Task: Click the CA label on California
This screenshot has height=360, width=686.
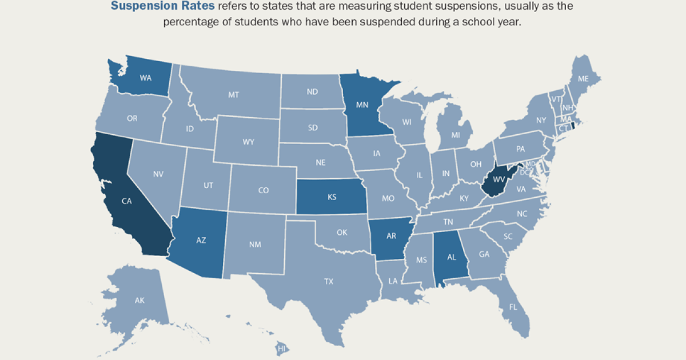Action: point(126,201)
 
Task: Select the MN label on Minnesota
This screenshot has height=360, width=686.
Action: point(362,105)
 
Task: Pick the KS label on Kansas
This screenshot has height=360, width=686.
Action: point(332,197)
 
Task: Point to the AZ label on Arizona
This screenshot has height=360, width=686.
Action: point(201,241)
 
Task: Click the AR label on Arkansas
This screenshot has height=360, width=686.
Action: point(390,235)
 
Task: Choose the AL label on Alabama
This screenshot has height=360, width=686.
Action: point(451,257)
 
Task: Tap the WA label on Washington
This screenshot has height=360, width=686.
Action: point(146,78)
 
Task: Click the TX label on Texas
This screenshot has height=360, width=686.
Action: point(329,281)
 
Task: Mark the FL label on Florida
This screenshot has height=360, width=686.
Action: point(513,306)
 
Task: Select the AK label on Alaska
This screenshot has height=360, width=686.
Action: point(139,300)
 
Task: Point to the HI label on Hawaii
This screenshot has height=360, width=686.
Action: point(281,347)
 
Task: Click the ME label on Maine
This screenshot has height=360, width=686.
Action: point(583,79)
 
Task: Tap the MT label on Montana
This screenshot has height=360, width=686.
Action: point(233,95)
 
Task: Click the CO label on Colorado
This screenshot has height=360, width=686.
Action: point(263,190)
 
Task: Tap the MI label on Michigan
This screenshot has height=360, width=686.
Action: point(456,135)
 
